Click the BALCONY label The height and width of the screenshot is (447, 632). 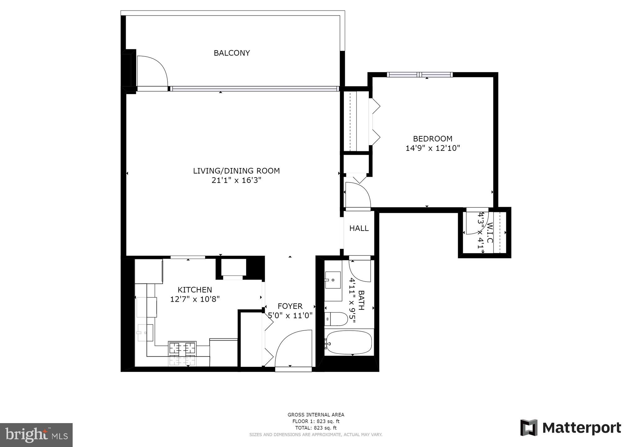(x=232, y=53)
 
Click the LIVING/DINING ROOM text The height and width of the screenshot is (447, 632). (x=236, y=171)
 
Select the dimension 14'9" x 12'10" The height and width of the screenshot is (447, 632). (x=432, y=148)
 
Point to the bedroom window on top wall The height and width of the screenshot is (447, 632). (x=420, y=74)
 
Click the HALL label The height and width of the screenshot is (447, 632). (x=359, y=228)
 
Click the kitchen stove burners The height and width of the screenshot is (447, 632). (x=182, y=348)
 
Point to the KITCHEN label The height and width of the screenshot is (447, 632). (x=195, y=290)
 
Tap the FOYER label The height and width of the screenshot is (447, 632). (x=290, y=306)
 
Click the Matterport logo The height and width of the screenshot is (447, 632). (x=571, y=428)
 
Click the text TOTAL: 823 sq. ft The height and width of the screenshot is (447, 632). (x=316, y=428)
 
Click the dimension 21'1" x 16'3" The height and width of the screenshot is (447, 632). (x=236, y=180)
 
